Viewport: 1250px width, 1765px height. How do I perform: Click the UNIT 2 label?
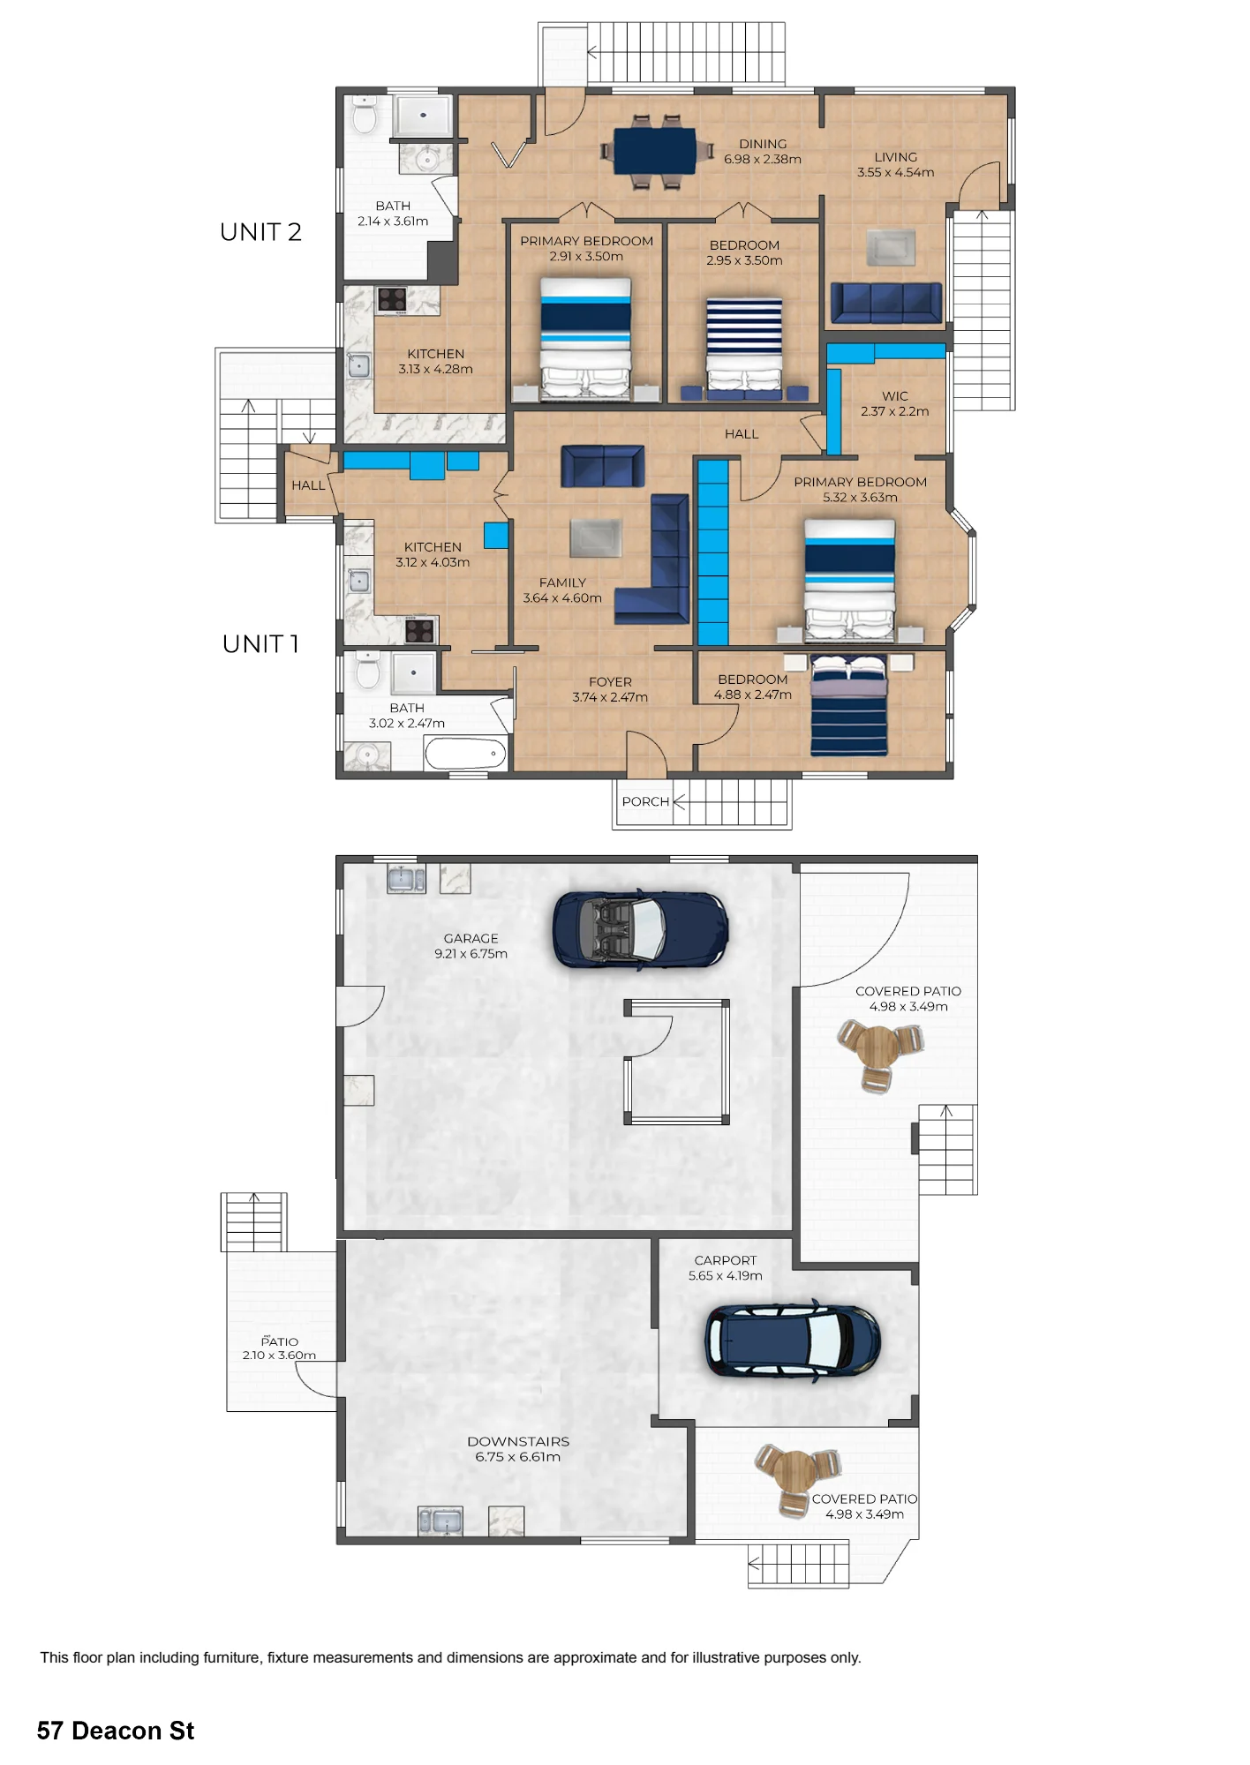[x=260, y=232]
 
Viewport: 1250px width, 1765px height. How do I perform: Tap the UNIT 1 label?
[x=260, y=644]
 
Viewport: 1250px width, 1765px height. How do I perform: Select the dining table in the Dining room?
[x=654, y=151]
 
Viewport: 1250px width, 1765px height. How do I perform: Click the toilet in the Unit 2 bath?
[x=365, y=115]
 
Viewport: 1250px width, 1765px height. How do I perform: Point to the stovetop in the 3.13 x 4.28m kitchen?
[x=392, y=300]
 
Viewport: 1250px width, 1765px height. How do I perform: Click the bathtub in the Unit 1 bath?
[x=465, y=754]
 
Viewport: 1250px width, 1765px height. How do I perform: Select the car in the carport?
[x=792, y=1340]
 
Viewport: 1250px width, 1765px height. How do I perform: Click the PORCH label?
[x=645, y=801]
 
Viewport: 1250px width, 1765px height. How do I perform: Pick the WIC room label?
[x=894, y=396]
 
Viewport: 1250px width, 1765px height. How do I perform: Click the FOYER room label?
[x=610, y=682]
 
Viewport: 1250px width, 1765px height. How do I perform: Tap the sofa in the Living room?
[x=886, y=302]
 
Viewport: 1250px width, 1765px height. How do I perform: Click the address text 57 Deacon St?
[x=116, y=1731]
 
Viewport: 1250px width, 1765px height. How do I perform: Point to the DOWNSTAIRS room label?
[x=518, y=1441]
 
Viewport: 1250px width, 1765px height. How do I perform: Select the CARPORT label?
[x=725, y=1260]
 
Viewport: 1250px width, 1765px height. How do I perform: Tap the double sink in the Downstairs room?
[x=440, y=1521]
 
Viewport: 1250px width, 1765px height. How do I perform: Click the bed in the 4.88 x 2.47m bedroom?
[x=849, y=705]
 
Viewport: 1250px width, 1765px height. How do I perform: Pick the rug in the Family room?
[x=596, y=538]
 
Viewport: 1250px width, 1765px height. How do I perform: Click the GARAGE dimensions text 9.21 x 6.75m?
[x=471, y=954]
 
